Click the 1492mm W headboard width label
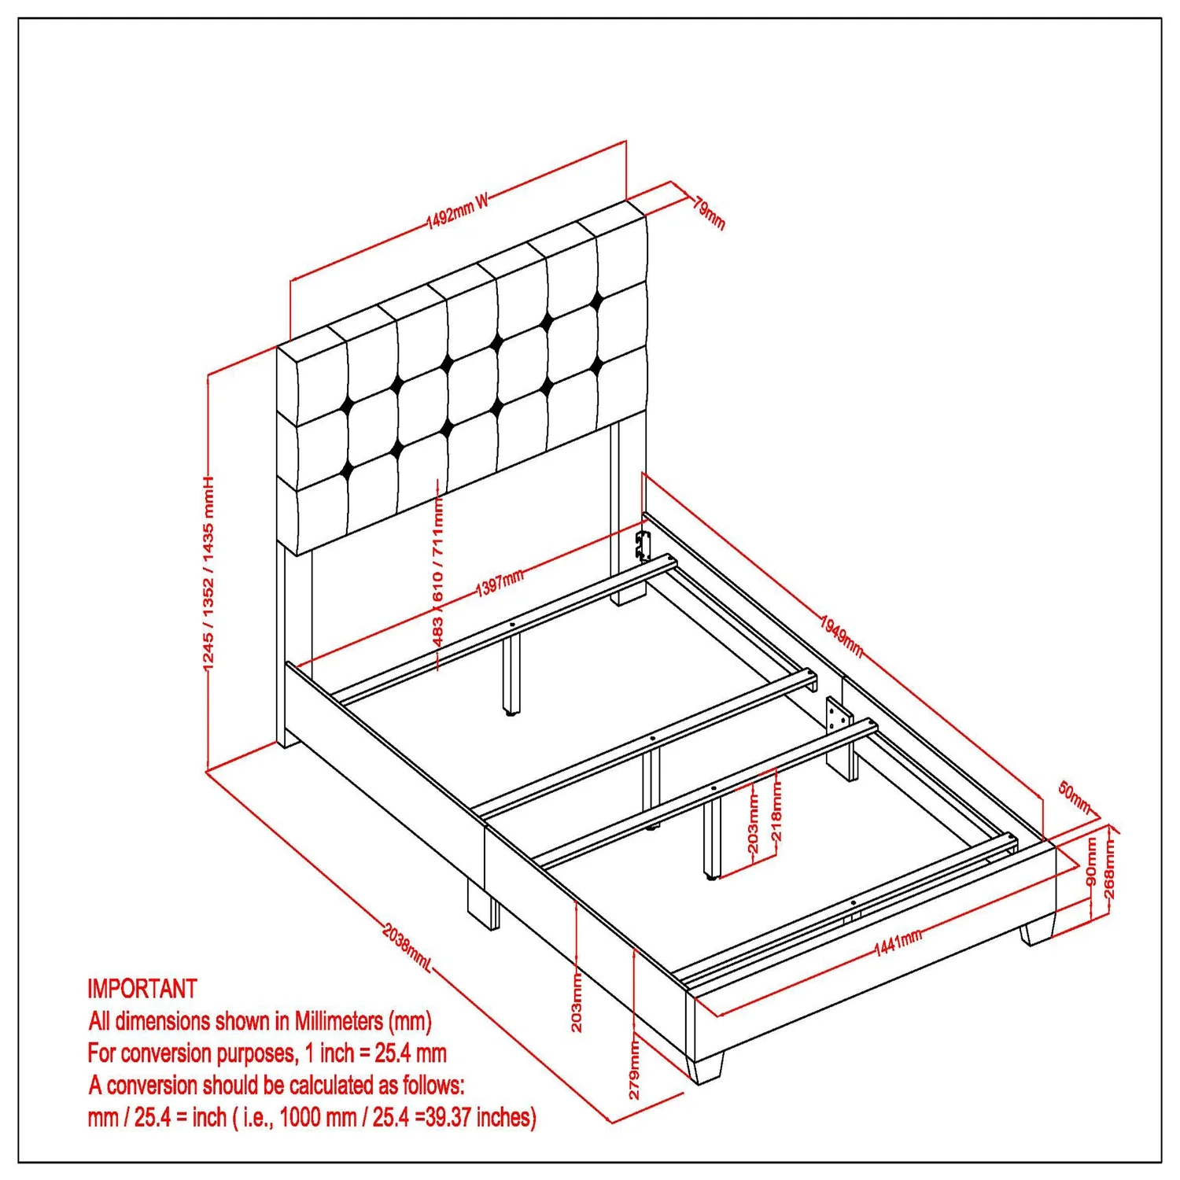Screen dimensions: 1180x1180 coord(458,210)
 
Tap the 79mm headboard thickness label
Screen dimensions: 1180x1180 coord(709,212)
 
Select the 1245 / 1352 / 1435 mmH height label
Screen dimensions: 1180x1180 coord(208,574)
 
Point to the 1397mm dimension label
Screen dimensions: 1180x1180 coord(500,583)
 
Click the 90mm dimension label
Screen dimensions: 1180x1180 coord(1091,861)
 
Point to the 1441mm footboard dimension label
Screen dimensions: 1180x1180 coord(898,942)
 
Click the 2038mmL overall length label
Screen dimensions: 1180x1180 coord(407,946)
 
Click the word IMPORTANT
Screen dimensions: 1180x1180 coord(142,988)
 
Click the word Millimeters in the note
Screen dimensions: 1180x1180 coord(339,1020)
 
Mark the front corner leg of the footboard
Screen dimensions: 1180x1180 coord(705,1068)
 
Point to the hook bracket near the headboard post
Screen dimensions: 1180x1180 coord(643,545)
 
